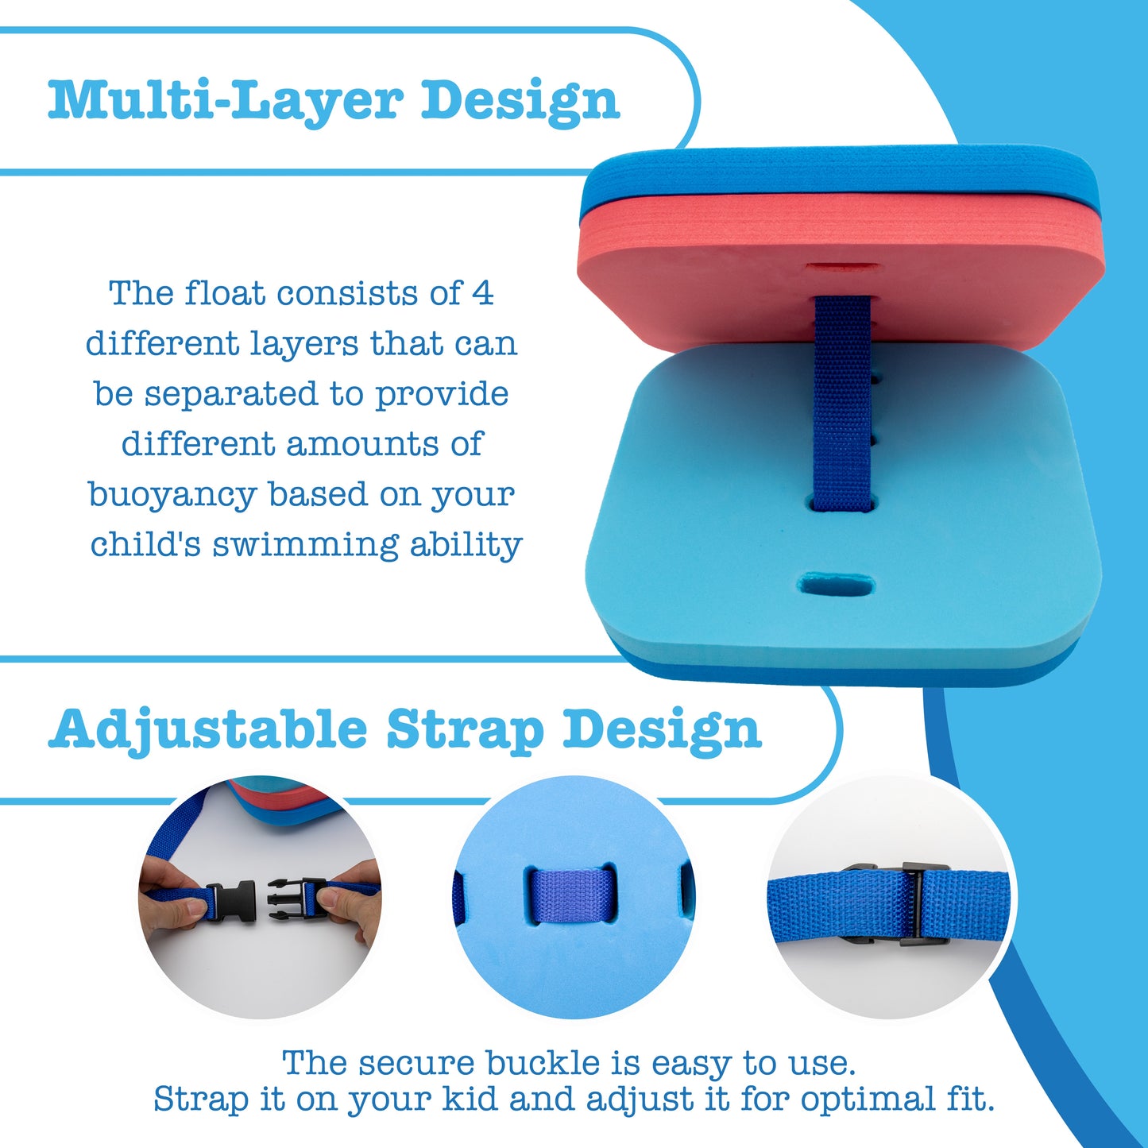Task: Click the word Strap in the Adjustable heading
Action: tap(465, 729)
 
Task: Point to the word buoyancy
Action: tap(172, 494)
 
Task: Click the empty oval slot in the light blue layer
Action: tap(837, 585)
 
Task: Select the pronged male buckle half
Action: tap(296, 897)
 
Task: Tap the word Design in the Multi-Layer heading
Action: tap(520, 100)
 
